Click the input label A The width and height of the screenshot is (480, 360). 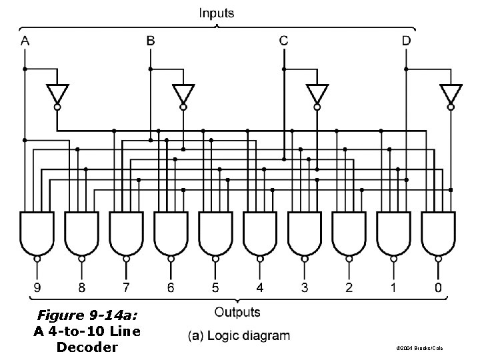tap(25, 41)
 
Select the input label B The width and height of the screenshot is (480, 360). tap(151, 41)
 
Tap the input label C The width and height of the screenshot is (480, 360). tap(284, 41)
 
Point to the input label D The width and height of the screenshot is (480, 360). tap(407, 41)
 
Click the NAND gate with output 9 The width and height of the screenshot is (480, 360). tap(37, 233)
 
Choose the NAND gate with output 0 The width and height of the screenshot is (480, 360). tap(438, 233)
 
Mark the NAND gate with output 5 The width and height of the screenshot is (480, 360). tap(215, 233)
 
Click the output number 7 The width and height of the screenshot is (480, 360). tap(126, 288)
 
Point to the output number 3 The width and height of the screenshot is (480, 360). tap(305, 288)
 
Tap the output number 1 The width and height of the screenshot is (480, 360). tap(394, 288)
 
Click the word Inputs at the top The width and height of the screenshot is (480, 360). tap(216, 13)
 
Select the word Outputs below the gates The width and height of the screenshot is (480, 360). tap(237, 311)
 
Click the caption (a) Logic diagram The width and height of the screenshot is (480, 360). tap(238, 335)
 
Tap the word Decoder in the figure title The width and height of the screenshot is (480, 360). tap(87, 347)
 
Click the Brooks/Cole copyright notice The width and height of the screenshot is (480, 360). tap(421, 348)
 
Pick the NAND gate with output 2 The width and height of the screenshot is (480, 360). tap(349, 233)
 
